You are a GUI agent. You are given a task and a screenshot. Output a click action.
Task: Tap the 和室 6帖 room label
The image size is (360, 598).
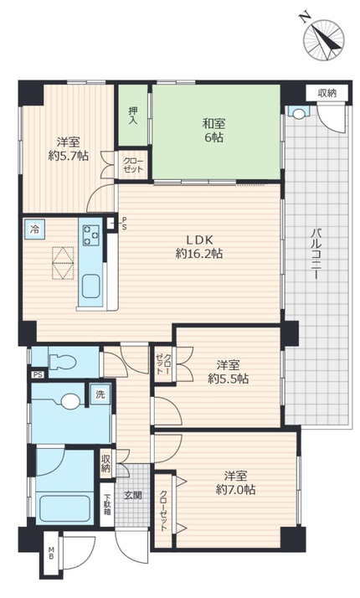(x=213, y=131)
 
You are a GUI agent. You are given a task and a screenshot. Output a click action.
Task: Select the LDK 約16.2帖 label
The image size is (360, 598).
(x=199, y=246)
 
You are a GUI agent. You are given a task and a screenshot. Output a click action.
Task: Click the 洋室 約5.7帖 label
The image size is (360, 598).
(x=69, y=149)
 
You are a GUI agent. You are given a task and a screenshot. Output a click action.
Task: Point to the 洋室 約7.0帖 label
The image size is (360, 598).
(x=235, y=482)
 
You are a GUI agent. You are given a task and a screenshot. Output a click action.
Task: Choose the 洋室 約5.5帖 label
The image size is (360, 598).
(x=229, y=372)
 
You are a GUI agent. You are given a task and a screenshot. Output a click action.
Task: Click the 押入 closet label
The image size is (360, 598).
(x=133, y=116)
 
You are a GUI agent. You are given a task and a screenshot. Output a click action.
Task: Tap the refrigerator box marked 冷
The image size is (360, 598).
(x=34, y=229)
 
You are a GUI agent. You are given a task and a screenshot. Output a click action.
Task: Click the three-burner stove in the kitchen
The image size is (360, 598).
(x=91, y=235)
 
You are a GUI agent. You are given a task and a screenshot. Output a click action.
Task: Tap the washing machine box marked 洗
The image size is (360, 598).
(x=100, y=394)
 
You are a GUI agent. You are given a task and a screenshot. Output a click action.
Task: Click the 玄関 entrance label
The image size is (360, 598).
(x=133, y=495)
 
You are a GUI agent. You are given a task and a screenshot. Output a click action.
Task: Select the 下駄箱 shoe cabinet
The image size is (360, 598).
(x=107, y=504)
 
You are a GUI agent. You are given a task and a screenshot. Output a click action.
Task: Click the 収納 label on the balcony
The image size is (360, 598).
(x=327, y=93)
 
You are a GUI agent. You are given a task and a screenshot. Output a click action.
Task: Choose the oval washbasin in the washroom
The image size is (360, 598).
(x=70, y=401)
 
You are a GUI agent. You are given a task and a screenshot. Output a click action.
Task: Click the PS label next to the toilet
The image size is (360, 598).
(x=38, y=374)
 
